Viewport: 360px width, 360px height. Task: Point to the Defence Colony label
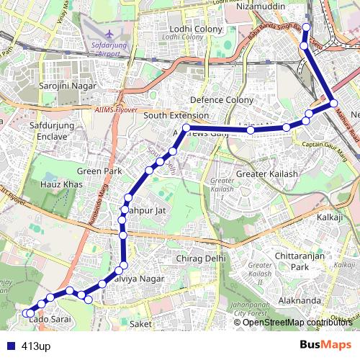point(222,100)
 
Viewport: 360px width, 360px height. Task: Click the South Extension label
point(176,115)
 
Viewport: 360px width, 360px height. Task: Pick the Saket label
point(141,324)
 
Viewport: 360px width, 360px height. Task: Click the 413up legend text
point(36,346)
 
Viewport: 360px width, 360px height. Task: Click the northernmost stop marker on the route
point(305,27)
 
